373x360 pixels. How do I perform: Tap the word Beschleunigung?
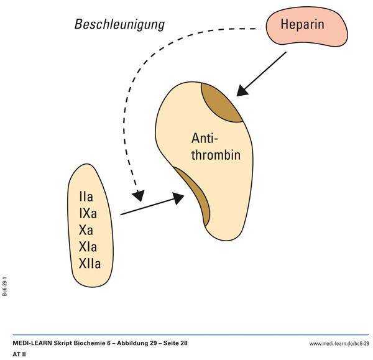[119, 25]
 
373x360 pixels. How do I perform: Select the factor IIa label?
[86, 198]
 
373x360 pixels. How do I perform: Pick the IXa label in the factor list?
[88, 214]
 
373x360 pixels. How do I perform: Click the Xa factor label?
[86, 230]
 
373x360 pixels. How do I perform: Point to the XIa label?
[88, 247]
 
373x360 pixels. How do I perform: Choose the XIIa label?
[90, 263]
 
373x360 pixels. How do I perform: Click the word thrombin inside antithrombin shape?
[215, 155]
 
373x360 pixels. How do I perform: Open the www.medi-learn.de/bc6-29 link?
[339, 343]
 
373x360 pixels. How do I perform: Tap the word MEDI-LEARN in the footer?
[33, 343]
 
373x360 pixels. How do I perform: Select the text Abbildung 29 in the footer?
[131, 343]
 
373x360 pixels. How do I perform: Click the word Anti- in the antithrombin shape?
[205, 138]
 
